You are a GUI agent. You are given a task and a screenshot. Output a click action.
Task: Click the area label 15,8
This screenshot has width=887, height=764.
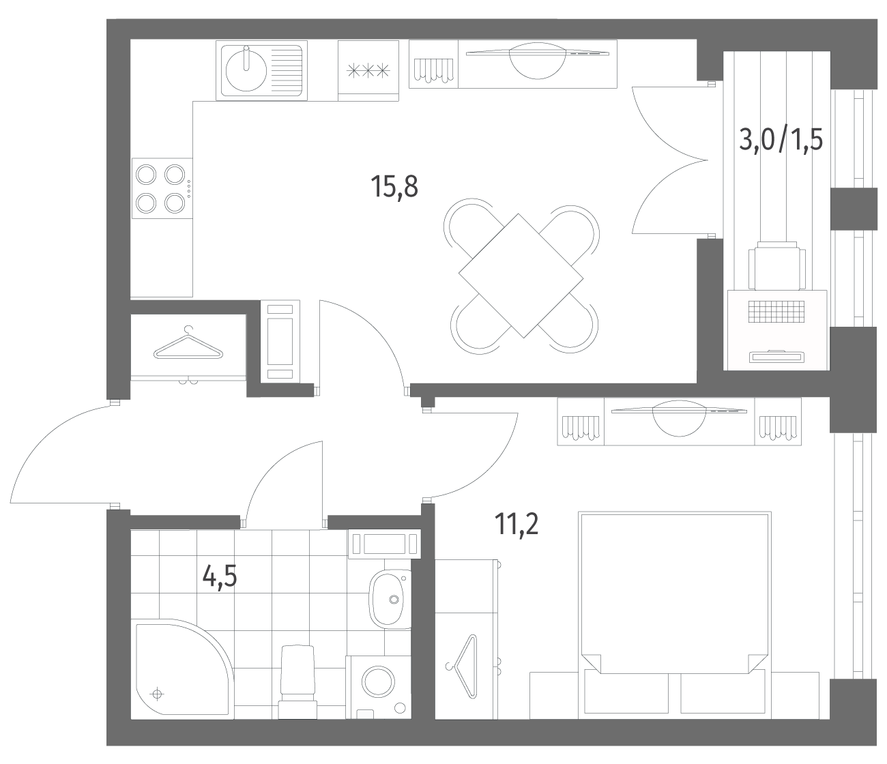(394, 187)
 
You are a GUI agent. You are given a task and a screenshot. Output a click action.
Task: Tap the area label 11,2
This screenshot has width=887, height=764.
(517, 524)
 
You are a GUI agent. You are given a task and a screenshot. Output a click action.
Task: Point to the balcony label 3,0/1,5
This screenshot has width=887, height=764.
(781, 141)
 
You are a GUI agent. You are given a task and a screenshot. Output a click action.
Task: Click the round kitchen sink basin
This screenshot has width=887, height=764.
(246, 71)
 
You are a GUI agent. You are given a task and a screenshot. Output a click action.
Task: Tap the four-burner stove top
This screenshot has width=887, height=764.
(162, 188)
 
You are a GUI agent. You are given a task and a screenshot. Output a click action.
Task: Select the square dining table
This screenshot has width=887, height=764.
(521, 276)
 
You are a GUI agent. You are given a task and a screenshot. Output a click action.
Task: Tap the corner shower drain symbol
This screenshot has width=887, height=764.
(158, 694)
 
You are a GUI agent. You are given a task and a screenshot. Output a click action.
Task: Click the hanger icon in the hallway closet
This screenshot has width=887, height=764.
(188, 344)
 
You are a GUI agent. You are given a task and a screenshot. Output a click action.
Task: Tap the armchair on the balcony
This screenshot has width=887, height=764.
(776, 265)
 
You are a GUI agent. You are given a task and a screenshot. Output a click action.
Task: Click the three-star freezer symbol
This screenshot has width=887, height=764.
(368, 71)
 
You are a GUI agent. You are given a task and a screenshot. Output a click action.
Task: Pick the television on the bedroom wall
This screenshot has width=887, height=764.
(680, 418)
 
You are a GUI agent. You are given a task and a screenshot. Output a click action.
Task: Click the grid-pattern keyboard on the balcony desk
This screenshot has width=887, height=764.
(776, 311)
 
